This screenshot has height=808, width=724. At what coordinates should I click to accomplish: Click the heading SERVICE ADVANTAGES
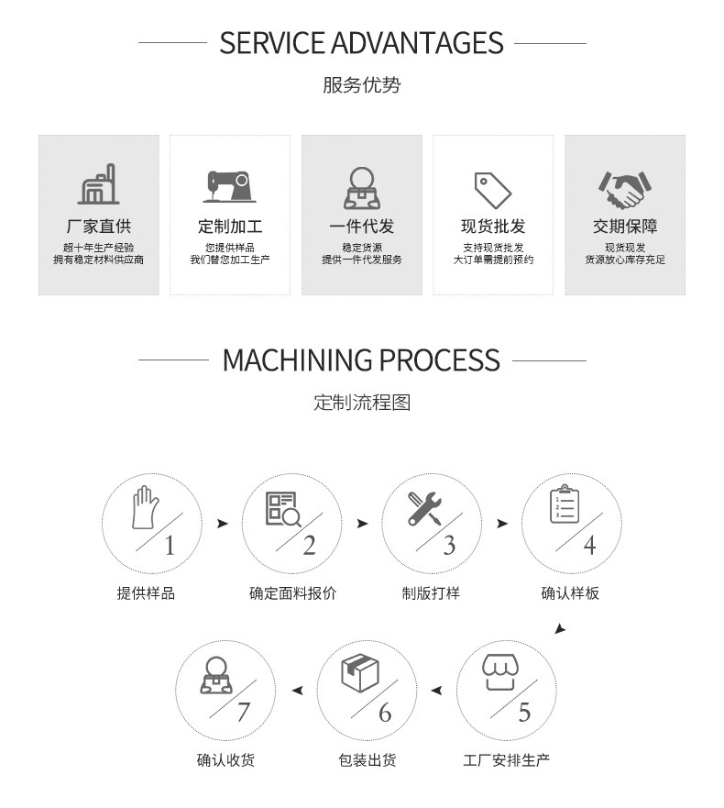(361, 43)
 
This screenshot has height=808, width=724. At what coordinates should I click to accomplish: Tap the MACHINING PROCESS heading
(361, 360)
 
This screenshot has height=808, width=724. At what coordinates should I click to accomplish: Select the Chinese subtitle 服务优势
(361, 85)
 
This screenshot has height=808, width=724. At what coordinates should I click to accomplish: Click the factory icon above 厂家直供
(98, 185)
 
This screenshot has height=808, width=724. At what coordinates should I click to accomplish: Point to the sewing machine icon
(229, 186)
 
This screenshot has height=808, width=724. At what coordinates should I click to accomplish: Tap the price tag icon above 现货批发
(492, 189)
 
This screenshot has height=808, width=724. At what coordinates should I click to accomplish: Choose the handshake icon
(624, 188)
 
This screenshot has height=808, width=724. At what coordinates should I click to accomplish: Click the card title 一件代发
(361, 227)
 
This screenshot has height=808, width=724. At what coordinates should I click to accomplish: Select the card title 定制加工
(230, 227)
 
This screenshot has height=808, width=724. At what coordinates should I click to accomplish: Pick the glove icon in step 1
(145, 507)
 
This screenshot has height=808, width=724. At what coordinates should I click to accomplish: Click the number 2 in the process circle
(309, 546)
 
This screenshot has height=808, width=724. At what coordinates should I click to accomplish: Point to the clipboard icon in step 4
(565, 504)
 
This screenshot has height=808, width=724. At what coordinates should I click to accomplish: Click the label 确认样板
(570, 593)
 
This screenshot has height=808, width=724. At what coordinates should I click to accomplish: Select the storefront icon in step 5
(499, 673)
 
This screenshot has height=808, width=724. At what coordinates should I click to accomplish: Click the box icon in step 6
(359, 672)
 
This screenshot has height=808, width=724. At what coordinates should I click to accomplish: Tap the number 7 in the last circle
(243, 712)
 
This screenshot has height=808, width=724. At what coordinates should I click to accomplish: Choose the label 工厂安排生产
(506, 760)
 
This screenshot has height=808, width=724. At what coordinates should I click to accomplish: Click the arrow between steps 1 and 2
(222, 524)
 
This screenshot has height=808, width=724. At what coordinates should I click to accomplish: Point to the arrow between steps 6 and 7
(297, 690)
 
